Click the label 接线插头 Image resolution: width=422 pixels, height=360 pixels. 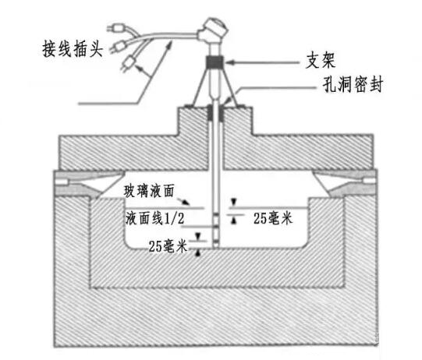[x=73, y=48]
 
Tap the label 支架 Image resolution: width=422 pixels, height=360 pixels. [x=321, y=61]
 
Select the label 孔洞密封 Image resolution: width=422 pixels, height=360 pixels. [x=353, y=84]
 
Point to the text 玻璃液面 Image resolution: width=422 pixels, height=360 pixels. [x=149, y=191]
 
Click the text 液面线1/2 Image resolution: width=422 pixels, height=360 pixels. [x=154, y=217]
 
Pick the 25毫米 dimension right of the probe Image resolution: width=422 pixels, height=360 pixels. [x=273, y=218]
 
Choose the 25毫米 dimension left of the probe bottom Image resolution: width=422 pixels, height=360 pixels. [x=168, y=245]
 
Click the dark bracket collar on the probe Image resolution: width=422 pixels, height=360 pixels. [x=215, y=62]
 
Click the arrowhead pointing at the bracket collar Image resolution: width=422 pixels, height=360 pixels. [x=229, y=62]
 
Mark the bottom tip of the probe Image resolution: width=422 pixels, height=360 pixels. [x=216, y=248]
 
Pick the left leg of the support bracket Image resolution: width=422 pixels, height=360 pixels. [x=199, y=86]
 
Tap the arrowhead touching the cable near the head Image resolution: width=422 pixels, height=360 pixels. [x=169, y=45]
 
